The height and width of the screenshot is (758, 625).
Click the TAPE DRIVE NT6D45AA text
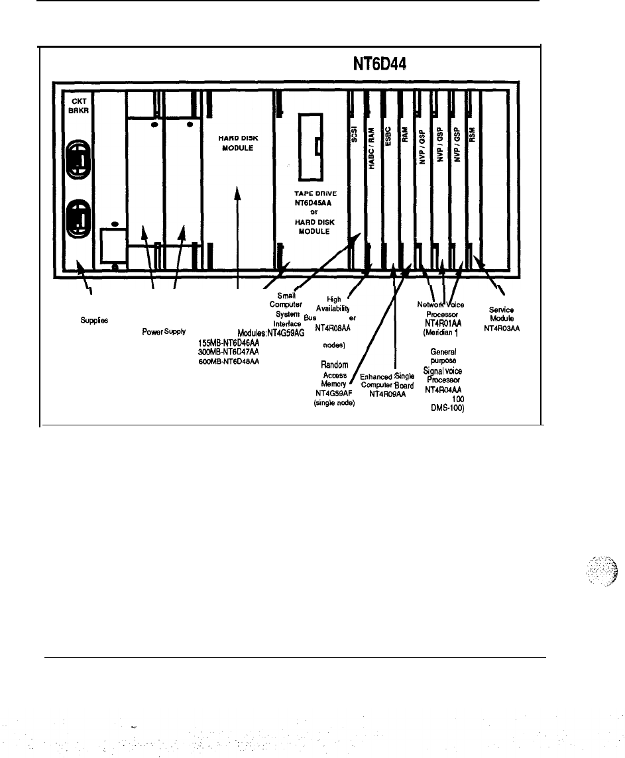318,199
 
